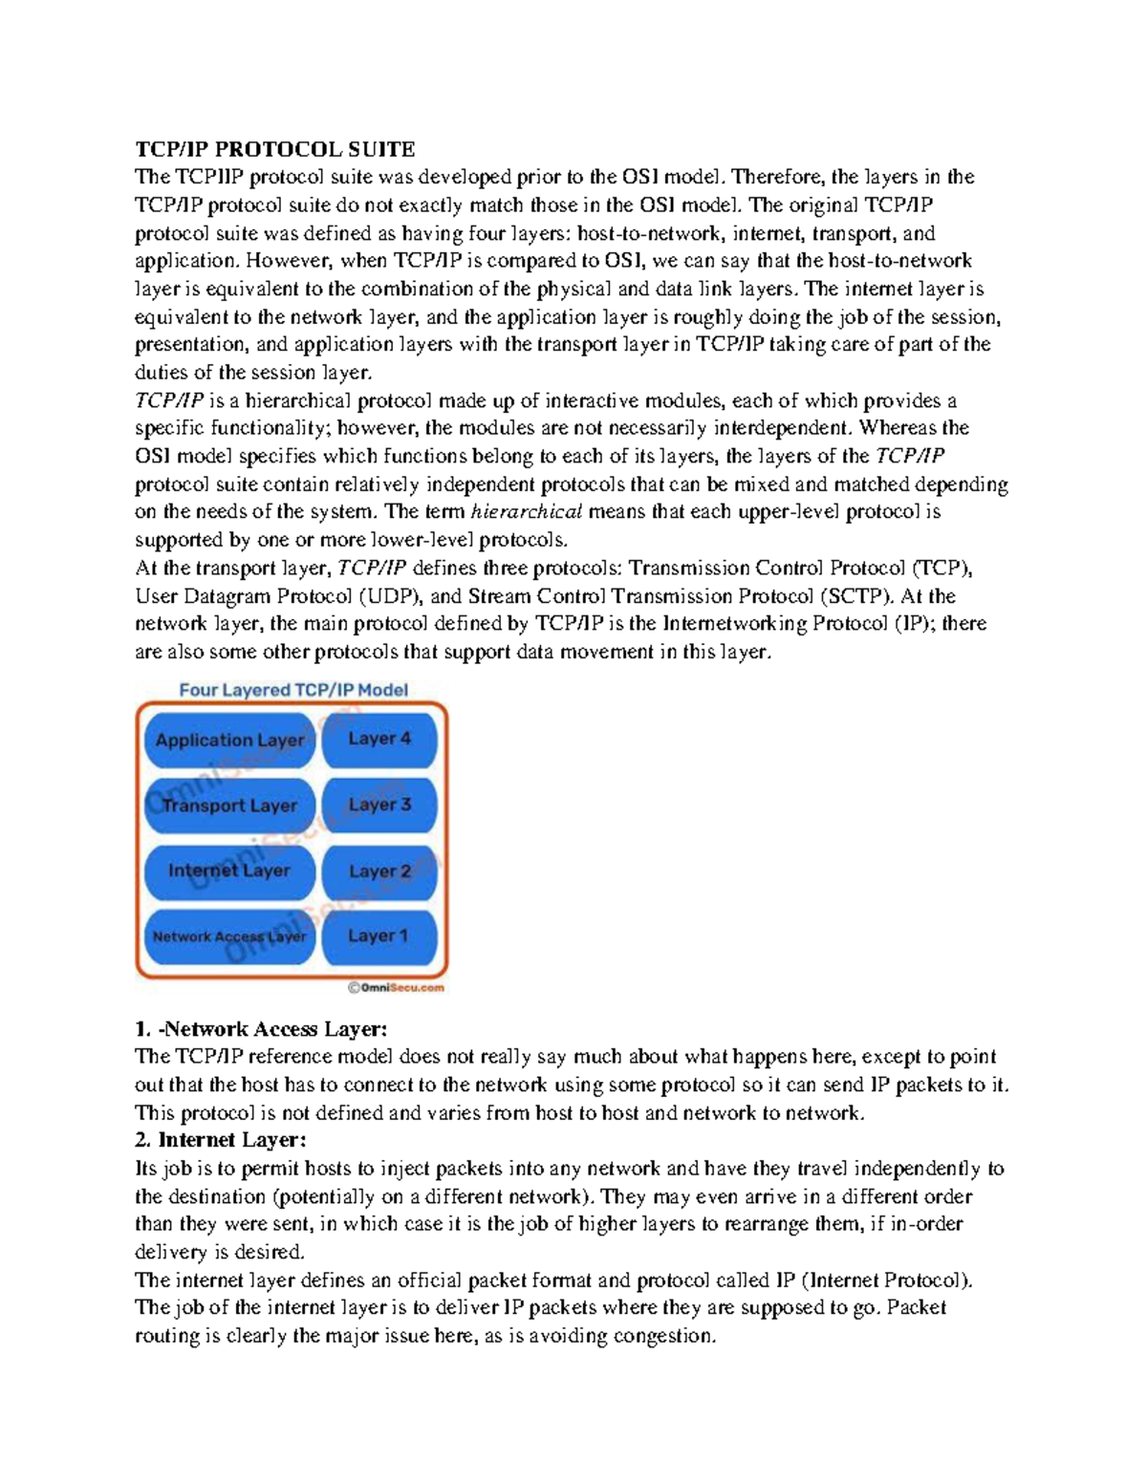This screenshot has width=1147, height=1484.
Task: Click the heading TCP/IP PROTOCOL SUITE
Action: click(x=274, y=149)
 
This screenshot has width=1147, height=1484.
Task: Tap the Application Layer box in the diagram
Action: click(x=229, y=741)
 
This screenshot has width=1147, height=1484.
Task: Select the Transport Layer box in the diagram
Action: click(x=229, y=806)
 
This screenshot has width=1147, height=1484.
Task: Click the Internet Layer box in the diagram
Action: click(x=229, y=871)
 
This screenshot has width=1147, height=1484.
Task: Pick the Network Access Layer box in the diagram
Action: click(x=229, y=936)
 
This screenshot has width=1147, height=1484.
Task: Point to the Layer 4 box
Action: click(x=379, y=739)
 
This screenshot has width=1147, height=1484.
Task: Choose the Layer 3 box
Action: click(x=379, y=805)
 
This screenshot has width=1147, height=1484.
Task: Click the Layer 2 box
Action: click(x=379, y=871)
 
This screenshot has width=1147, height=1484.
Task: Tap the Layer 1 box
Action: click(x=379, y=936)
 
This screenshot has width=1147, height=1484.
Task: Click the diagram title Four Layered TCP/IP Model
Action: click(x=293, y=690)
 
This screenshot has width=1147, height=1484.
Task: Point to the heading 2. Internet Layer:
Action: click(x=221, y=1140)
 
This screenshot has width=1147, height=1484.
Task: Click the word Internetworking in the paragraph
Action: click(x=734, y=624)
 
